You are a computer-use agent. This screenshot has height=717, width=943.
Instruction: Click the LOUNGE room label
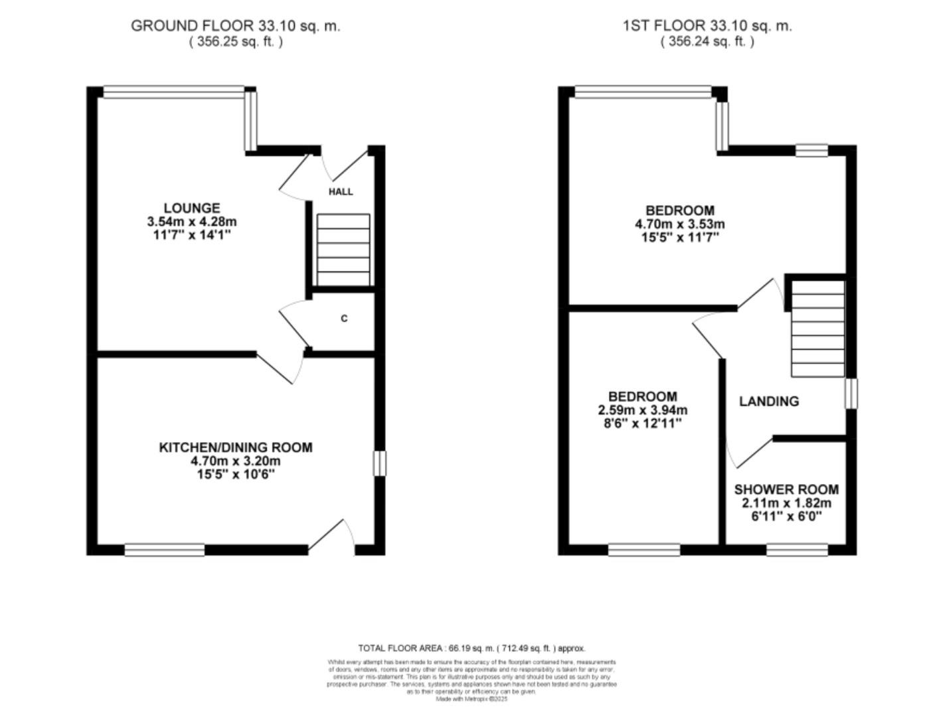tap(192, 208)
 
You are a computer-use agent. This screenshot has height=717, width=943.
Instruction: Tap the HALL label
tap(341, 192)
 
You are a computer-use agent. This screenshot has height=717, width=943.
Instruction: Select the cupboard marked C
tap(344, 319)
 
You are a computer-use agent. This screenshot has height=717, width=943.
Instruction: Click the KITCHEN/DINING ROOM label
tap(235, 447)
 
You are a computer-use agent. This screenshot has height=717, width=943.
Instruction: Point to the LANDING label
tap(769, 401)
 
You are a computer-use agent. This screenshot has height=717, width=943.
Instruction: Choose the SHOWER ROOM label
tap(786, 489)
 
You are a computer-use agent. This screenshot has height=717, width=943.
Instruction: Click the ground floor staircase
tap(343, 250)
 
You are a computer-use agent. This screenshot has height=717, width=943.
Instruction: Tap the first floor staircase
tap(817, 328)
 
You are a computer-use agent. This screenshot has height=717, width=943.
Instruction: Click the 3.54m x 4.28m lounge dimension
tap(192, 222)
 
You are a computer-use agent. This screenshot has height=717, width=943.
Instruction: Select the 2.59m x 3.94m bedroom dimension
tap(643, 410)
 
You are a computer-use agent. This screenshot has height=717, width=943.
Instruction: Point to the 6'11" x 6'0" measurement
tap(786, 516)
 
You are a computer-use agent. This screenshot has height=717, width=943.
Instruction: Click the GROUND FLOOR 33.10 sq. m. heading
tap(235, 26)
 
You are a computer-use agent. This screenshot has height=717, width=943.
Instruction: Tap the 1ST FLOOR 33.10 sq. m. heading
tap(707, 26)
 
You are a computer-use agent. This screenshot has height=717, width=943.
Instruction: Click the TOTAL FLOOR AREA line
tap(471, 648)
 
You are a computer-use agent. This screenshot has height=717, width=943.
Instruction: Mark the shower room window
tap(797, 550)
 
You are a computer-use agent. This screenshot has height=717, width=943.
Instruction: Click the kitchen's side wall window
tap(379, 463)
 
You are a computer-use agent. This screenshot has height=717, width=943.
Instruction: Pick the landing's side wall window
tap(851, 393)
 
